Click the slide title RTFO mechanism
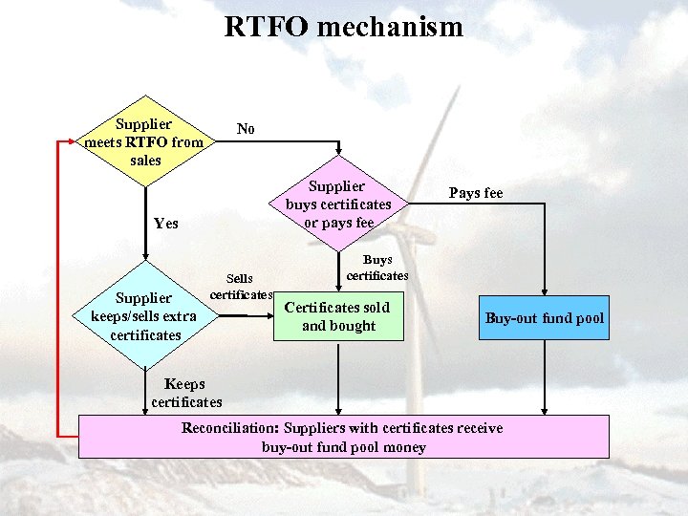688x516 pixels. click(343, 27)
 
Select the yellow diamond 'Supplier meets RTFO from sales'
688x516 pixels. click(145, 142)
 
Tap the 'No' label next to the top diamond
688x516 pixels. click(246, 129)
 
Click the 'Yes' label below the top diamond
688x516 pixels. click(165, 224)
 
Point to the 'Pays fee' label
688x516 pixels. click(475, 193)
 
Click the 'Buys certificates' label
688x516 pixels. click(376, 268)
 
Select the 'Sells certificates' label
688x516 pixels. click(241, 286)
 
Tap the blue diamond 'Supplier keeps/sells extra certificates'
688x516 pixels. click(144, 316)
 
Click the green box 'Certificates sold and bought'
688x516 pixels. click(338, 317)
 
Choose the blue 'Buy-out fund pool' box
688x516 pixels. click(544, 318)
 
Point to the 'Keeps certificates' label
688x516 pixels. click(186, 393)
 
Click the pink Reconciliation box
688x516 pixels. click(343, 437)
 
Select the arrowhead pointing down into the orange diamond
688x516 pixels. click(338, 150)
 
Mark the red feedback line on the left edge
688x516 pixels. click(60, 287)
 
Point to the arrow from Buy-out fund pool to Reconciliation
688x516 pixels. click(545, 377)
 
